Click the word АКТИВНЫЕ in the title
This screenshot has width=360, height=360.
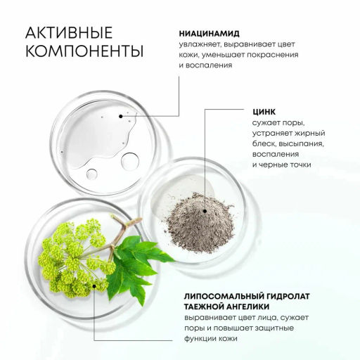click(69, 32)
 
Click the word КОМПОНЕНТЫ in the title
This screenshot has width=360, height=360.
click(84, 51)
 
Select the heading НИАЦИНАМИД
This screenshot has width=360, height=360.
click(210, 34)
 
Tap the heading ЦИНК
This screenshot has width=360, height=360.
click(264, 112)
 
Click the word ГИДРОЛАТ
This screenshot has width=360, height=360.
click(288, 296)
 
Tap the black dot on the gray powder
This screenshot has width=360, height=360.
click(205, 211)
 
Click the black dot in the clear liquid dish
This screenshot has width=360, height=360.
click(121, 116)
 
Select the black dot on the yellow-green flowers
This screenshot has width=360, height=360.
click(94, 286)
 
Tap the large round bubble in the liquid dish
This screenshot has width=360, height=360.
click(130, 161)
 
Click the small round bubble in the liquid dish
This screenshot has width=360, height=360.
click(91, 174)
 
